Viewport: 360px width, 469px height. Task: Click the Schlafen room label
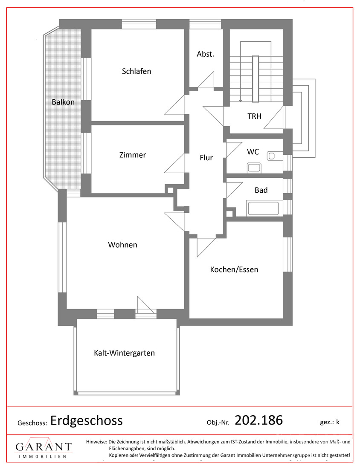click(x=136, y=71)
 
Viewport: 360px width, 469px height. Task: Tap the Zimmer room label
click(x=133, y=155)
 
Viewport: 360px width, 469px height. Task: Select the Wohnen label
click(x=123, y=245)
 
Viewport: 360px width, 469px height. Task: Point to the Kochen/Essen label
click(x=234, y=269)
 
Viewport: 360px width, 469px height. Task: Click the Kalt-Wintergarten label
click(x=125, y=353)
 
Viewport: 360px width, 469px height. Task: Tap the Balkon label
click(x=63, y=102)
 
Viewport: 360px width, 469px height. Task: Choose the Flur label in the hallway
click(x=206, y=158)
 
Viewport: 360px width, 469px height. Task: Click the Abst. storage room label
click(x=206, y=54)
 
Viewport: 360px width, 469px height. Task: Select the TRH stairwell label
click(x=254, y=116)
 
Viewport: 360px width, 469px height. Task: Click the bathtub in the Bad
click(x=264, y=208)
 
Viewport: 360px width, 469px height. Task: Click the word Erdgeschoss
click(x=87, y=420)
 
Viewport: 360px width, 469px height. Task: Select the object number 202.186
click(x=259, y=420)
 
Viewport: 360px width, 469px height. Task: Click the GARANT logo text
click(x=44, y=447)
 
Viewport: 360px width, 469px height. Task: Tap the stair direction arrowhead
click(x=241, y=101)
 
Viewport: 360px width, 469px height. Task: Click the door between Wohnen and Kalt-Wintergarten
click(x=146, y=305)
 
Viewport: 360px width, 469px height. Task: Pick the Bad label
click(x=261, y=190)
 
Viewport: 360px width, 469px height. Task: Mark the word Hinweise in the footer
click(x=96, y=442)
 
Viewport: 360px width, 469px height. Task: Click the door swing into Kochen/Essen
click(x=206, y=247)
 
